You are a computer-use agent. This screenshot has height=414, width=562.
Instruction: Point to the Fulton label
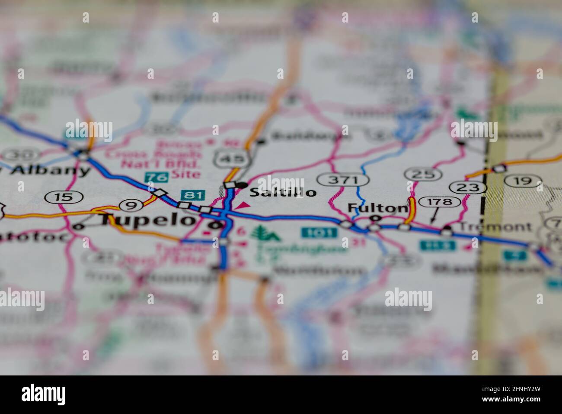click(378, 208)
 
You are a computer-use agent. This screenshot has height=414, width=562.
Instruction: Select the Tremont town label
click(495, 226)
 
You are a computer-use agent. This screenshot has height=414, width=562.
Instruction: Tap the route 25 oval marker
click(423, 174)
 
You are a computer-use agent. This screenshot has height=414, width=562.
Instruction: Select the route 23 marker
click(467, 187)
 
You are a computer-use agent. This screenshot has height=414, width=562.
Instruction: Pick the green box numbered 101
click(319, 233)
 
